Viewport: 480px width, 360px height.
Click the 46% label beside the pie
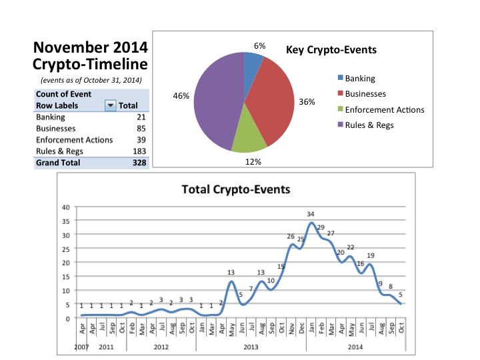181,96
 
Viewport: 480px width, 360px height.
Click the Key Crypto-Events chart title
331,50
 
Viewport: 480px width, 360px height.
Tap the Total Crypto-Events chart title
236,189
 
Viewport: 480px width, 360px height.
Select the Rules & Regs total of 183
139,151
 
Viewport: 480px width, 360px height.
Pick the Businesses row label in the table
56,128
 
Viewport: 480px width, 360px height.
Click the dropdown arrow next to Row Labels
110,106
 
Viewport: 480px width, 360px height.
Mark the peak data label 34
310,215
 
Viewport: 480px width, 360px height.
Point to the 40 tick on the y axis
64,207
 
